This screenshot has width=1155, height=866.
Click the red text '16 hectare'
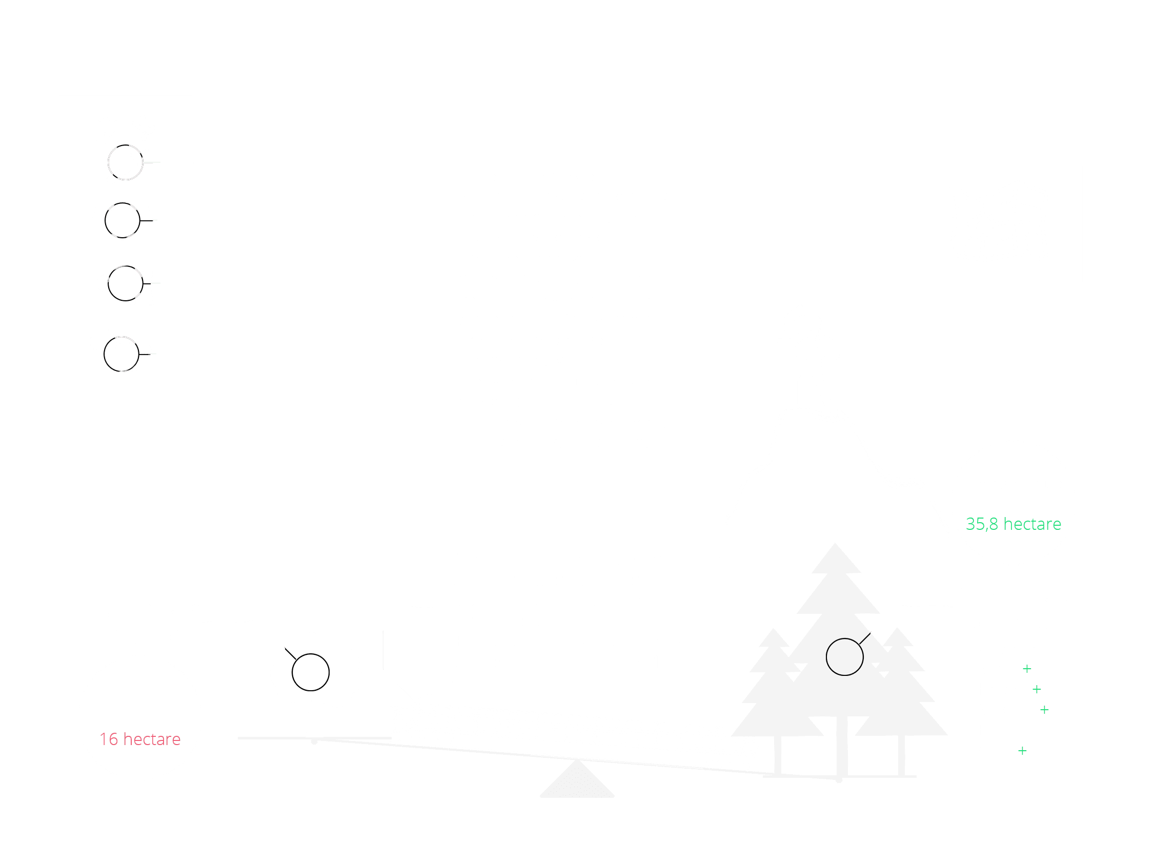(x=140, y=739)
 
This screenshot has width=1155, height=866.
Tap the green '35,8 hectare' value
(x=1013, y=524)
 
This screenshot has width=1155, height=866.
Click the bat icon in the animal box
(x=122, y=220)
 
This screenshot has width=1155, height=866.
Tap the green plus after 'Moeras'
(x=1044, y=710)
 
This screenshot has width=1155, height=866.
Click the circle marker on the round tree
(x=310, y=672)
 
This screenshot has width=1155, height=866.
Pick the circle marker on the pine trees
(x=844, y=657)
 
